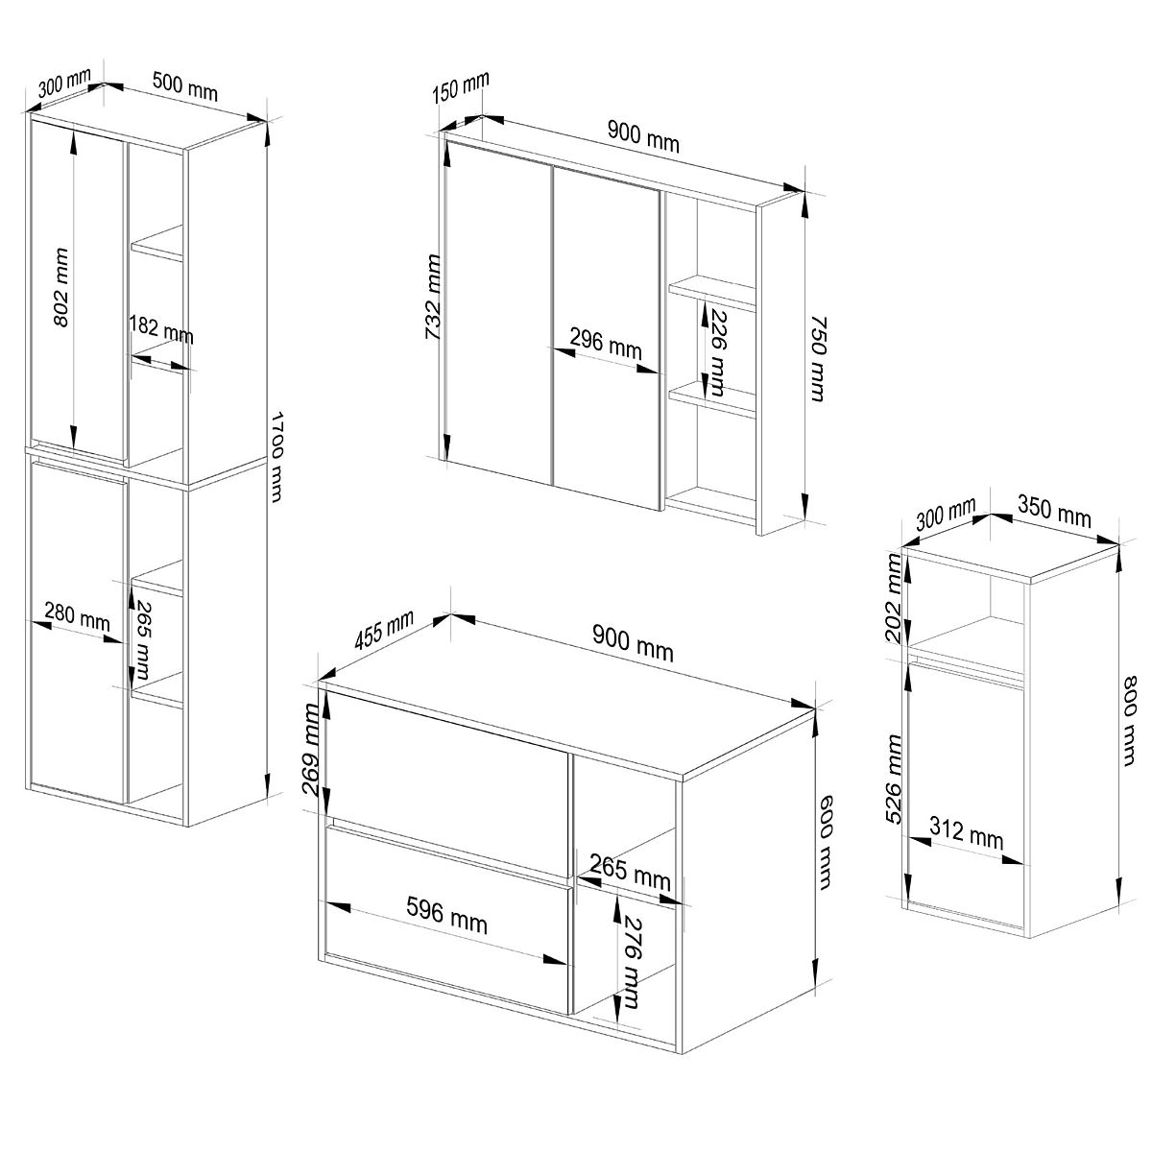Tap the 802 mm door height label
[x=61, y=288]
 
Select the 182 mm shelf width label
[x=161, y=330]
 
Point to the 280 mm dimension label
[x=78, y=616]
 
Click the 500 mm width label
[x=185, y=86]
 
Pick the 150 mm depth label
[x=461, y=86]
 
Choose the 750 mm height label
[x=819, y=359]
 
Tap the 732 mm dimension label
[x=432, y=297]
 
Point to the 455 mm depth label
[x=384, y=630]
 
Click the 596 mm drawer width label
[x=447, y=916]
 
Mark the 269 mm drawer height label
[x=311, y=750]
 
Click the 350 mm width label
[x=1054, y=513]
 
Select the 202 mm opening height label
[x=895, y=598]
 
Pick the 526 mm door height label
[x=895, y=780]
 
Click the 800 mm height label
[x=1131, y=721]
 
